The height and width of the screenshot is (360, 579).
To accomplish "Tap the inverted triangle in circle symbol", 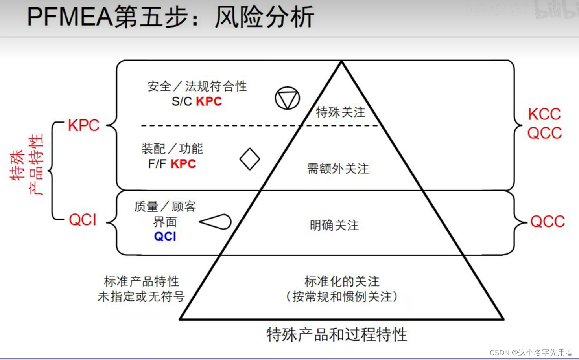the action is point(287,98).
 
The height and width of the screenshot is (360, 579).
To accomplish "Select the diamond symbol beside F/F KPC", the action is point(250,159).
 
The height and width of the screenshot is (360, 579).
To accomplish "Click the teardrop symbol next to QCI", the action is point(216,222).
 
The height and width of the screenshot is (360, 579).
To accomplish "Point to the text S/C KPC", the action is point(197,101).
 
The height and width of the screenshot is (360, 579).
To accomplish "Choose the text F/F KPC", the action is point(172,164).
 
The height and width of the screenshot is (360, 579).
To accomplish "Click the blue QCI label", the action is point(165,236).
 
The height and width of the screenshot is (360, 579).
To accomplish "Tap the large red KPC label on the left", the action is point(83,125).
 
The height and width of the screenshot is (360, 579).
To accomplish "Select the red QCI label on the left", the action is point(83,220).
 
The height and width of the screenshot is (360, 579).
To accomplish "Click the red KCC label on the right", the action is point(544,114).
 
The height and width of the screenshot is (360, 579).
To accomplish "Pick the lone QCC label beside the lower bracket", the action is point(547,222).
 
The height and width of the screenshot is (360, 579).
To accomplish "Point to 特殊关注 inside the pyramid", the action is point(341,112).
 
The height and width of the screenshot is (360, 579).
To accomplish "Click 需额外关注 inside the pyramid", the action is point(338,169).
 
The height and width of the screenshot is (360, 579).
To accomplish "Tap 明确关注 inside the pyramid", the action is point(334,226).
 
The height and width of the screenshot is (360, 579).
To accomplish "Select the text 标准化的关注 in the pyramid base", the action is point(342,281).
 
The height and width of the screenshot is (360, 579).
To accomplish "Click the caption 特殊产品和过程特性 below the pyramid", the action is point(337,335).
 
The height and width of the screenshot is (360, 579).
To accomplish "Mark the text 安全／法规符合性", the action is point(197,86).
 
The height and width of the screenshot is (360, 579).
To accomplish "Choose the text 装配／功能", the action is point(172,149).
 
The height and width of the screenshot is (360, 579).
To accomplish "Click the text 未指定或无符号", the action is point(141,297).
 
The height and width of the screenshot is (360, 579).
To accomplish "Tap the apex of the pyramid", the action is point(341,62).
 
